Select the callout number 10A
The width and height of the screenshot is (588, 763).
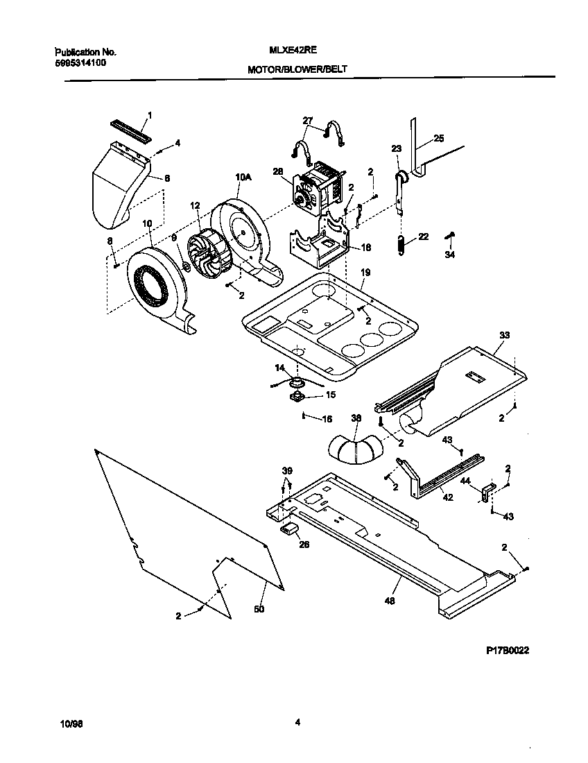[242, 178]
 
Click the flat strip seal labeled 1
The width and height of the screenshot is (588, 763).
[132, 130]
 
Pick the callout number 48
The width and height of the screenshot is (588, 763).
[390, 601]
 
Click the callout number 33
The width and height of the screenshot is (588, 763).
[504, 335]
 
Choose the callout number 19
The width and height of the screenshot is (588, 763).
[365, 273]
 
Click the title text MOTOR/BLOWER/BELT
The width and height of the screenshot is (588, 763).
[297, 70]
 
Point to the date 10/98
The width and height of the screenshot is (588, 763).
[71, 723]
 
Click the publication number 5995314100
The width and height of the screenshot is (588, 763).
[80, 62]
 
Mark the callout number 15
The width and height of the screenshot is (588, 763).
[330, 395]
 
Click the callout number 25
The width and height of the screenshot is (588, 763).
[438, 139]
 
